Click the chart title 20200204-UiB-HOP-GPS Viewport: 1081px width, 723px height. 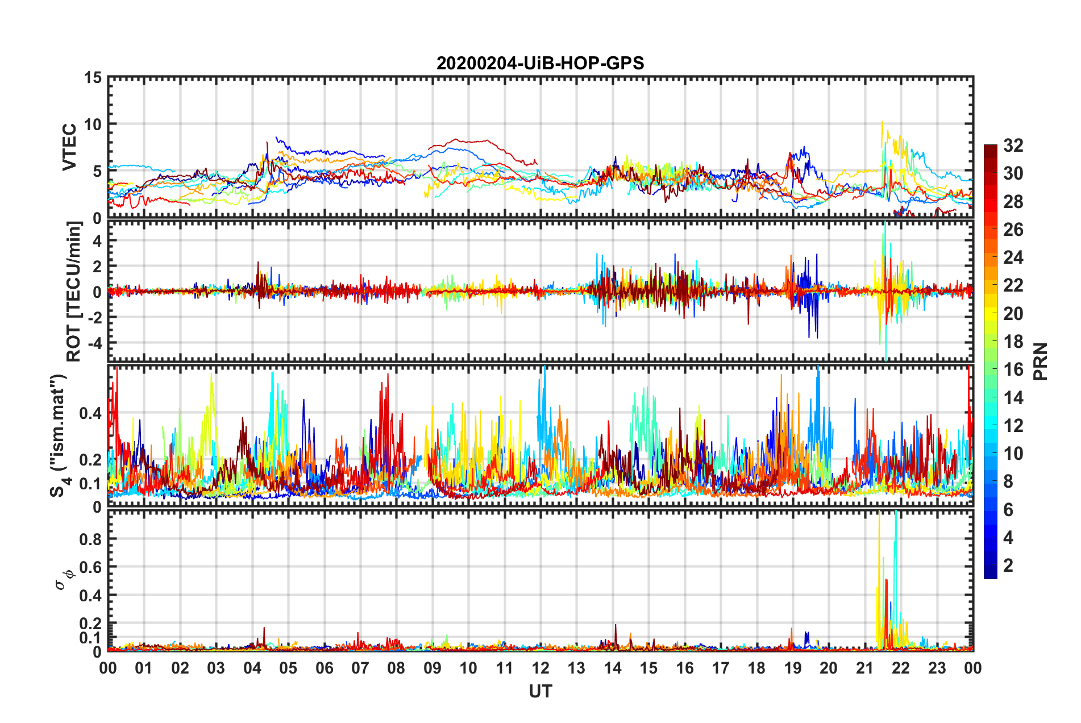(540, 63)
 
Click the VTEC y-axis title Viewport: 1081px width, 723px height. (69, 147)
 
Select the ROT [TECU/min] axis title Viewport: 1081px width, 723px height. (74, 292)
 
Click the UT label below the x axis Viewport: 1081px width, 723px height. (540, 691)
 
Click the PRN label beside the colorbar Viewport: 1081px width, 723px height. (1040, 361)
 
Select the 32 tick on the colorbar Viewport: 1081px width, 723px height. (1013, 146)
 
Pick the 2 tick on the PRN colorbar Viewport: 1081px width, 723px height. (1008, 565)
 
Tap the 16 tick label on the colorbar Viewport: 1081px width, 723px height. (1013, 369)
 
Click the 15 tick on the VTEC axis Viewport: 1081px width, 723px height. (93, 77)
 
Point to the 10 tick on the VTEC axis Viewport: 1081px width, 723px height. (93, 124)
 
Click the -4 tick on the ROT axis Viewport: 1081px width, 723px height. (93, 343)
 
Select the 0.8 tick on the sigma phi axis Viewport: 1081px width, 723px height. (90, 539)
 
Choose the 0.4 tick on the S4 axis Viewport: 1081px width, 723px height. (90, 413)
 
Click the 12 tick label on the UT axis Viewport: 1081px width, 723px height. (540, 668)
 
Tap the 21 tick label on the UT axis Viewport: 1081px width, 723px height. (864, 668)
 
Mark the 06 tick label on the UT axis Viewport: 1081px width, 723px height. (324, 668)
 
